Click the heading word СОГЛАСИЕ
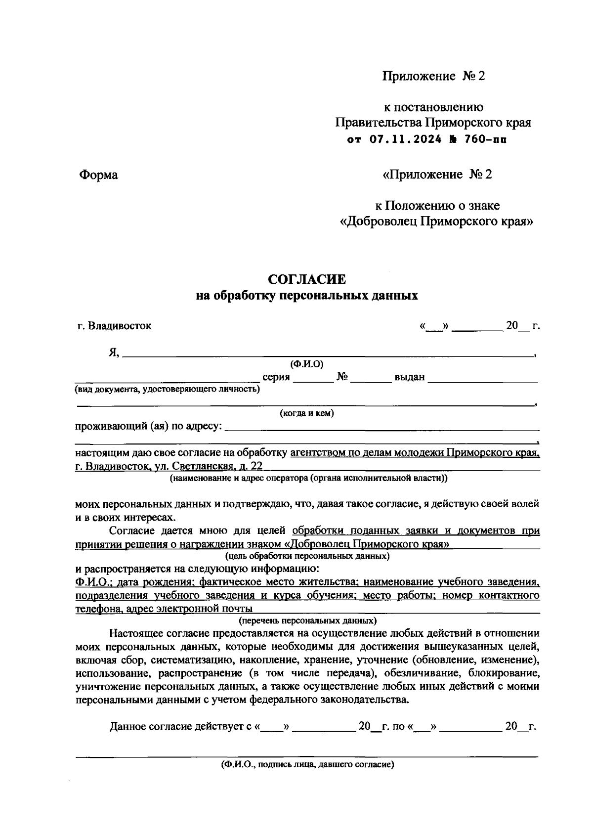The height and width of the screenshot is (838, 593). pos(306,279)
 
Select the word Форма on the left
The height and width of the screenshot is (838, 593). pos(98,175)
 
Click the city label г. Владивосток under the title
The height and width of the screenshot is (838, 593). pos(115,326)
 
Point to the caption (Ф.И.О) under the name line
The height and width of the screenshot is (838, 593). pos(306,364)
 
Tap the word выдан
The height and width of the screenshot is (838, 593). pos(409,378)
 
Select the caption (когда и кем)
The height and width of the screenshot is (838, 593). pos(306,413)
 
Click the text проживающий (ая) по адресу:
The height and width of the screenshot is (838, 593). pos(149,426)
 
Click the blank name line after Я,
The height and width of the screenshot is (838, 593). pos(326,352)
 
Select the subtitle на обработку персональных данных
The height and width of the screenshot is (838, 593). pos(306,296)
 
